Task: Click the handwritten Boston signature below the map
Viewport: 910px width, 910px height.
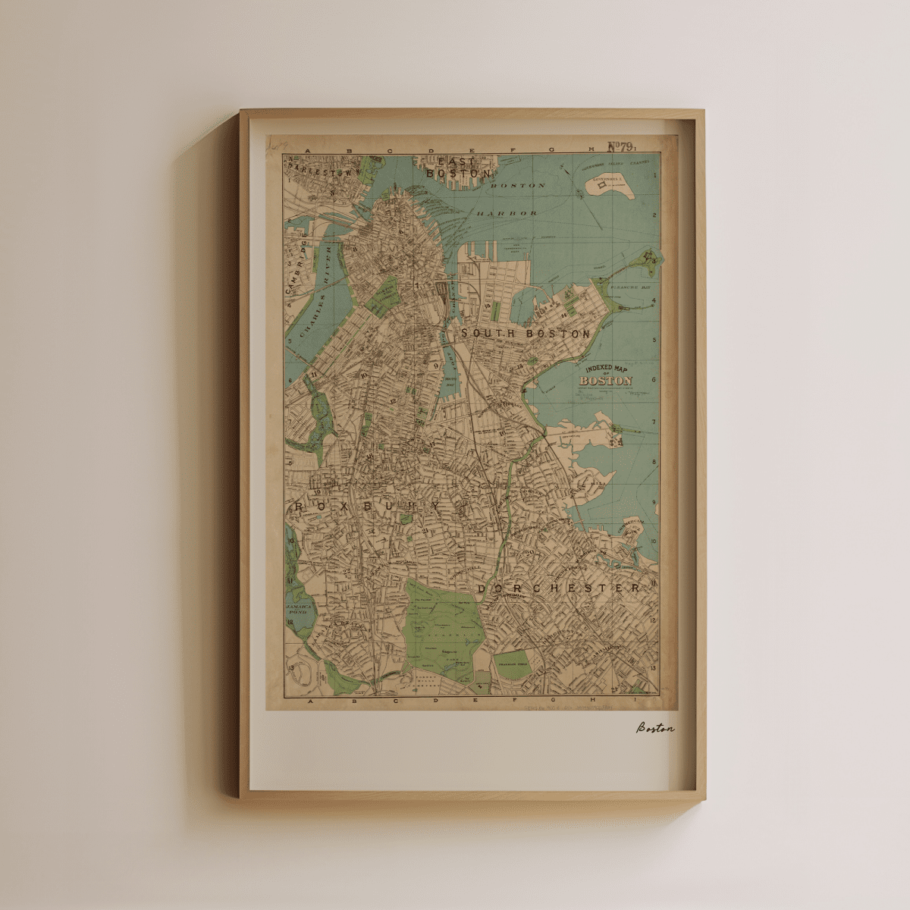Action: [x=654, y=728]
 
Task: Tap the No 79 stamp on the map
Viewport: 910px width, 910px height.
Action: [x=621, y=147]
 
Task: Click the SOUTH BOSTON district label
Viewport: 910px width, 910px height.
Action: [x=526, y=334]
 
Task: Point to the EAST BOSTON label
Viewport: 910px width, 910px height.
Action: [x=450, y=168]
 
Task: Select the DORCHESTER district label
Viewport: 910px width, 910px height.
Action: [x=559, y=588]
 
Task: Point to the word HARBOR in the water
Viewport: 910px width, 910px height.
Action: [x=507, y=214]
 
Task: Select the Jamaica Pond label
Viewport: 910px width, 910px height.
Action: [x=296, y=610]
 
